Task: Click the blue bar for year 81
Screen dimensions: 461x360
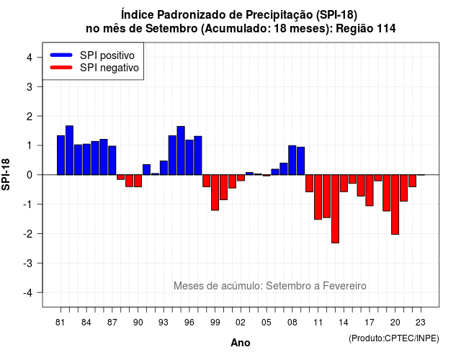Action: point(61,156)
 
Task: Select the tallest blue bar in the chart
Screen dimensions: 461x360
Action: point(69,150)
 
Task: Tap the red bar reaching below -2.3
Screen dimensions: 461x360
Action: point(335,209)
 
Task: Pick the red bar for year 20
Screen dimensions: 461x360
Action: point(395,204)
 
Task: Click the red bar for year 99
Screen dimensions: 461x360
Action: point(215,192)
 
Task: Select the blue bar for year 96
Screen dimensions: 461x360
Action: point(189,158)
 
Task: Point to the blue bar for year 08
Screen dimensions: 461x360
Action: point(292,160)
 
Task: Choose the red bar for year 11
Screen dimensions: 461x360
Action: point(318,197)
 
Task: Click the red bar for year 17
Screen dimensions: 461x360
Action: point(370,190)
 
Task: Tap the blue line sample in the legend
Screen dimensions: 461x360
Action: point(61,55)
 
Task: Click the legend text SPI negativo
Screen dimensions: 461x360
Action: point(109,68)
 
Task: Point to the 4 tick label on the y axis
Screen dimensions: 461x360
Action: point(30,58)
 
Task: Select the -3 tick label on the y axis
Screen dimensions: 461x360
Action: point(28,264)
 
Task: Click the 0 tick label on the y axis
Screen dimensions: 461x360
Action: point(30,175)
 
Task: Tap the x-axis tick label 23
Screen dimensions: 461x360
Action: point(421,323)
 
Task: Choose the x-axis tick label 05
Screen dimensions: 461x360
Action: point(267,323)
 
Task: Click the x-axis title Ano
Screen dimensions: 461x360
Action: point(241,343)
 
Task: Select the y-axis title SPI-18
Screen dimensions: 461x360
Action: point(6,174)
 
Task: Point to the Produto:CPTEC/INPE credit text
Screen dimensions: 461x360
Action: point(394,338)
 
